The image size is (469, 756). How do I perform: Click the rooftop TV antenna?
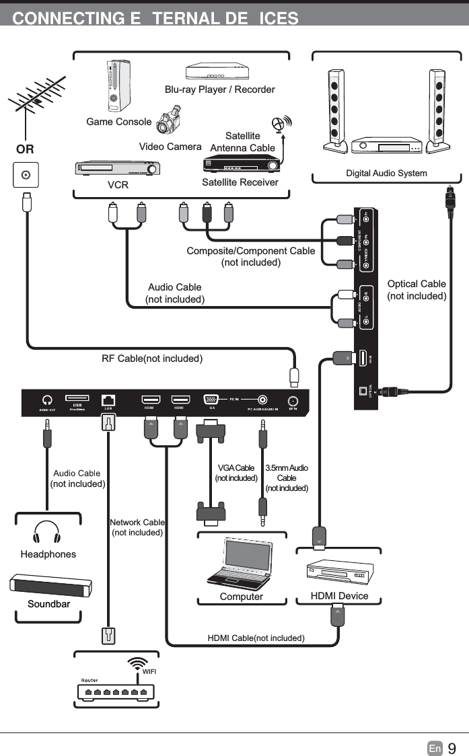(x=37, y=101)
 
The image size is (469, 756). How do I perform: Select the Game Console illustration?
(x=118, y=85)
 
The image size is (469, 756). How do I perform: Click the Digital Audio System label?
(x=386, y=174)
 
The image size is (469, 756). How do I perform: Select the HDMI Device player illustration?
(x=339, y=572)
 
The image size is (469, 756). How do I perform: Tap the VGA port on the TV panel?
(x=211, y=399)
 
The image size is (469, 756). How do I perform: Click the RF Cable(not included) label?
(x=152, y=358)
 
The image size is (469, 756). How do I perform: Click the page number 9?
(x=452, y=748)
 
